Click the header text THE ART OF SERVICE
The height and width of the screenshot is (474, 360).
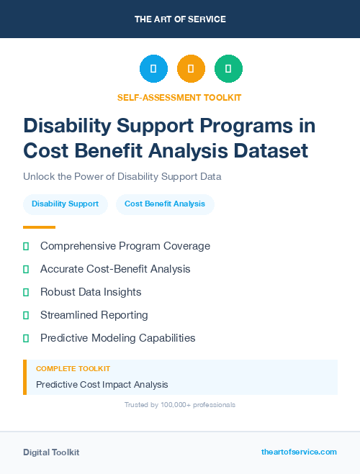coord(180,19)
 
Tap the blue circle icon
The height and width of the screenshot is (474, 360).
coord(153,68)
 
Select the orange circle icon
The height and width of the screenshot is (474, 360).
coord(191,68)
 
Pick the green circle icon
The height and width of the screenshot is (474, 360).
coord(228,68)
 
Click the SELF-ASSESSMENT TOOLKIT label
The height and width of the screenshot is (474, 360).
coord(180,97)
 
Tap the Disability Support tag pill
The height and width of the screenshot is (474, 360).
coord(66,204)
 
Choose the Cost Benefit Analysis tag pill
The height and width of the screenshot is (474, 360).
coord(165,204)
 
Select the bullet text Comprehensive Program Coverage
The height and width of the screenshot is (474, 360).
coord(125,246)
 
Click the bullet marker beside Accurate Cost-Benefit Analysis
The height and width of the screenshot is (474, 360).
coord(26,269)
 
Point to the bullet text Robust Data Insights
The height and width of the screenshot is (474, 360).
coord(91,292)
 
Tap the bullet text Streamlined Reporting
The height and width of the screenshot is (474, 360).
coord(94,315)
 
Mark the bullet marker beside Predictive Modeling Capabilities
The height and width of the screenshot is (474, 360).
coord(26,338)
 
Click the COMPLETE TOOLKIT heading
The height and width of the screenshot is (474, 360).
coord(73,369)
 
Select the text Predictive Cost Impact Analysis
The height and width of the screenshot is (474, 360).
coord(102,385)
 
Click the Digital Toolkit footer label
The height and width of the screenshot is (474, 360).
coord(51,452)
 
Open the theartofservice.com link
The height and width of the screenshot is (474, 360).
coord(299,452)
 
